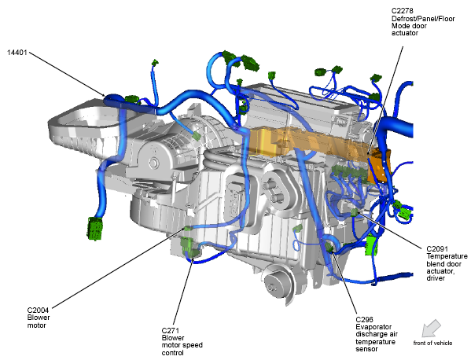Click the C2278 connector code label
point(403,11)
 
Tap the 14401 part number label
point(17,53)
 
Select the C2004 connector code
point(39,310)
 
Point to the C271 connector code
point(171,331)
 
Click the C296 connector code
point(364,319)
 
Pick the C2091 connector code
point(437,249)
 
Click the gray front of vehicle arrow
point(431,329)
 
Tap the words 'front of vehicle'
point(432,343)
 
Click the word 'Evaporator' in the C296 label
point(373,327)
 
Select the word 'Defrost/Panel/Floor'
point(423,19)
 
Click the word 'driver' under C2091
point(436,278)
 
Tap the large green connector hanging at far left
point(95,229)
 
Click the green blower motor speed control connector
point(189,247)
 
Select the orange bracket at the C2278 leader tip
point(380,165)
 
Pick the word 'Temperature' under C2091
point(447,256)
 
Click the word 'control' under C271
point(172,353)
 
